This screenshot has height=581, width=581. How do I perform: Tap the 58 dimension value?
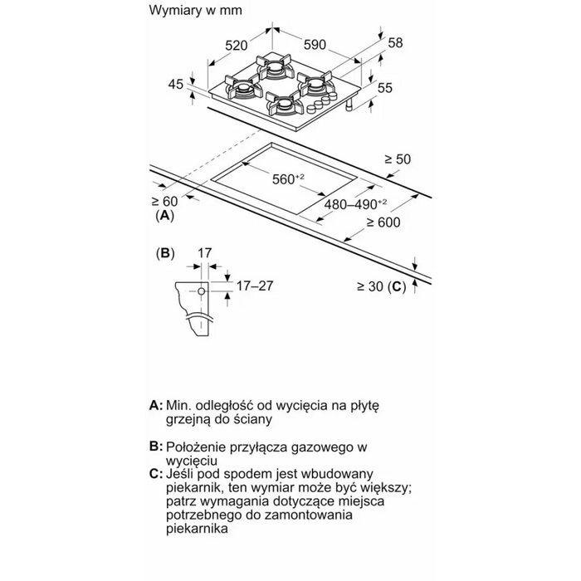point(395,41)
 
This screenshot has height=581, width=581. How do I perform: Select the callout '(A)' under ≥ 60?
point(165,215)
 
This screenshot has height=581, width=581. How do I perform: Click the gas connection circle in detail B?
point(200,293)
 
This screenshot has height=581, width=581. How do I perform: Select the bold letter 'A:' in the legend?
point(155,405)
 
